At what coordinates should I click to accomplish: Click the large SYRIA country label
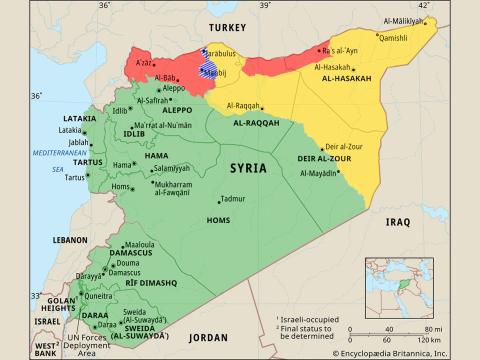247,168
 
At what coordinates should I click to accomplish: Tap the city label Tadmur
232,199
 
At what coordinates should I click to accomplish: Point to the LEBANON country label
71,241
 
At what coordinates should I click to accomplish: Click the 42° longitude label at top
424,6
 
